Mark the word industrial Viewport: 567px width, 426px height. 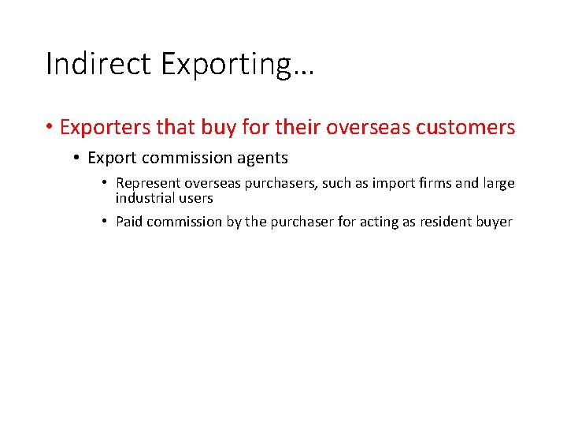point(146,198)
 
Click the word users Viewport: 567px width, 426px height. point(196,198)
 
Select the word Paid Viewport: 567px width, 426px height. point(129,222)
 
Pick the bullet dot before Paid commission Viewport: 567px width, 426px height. point(105,222)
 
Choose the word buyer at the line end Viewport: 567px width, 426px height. point(495,222)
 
